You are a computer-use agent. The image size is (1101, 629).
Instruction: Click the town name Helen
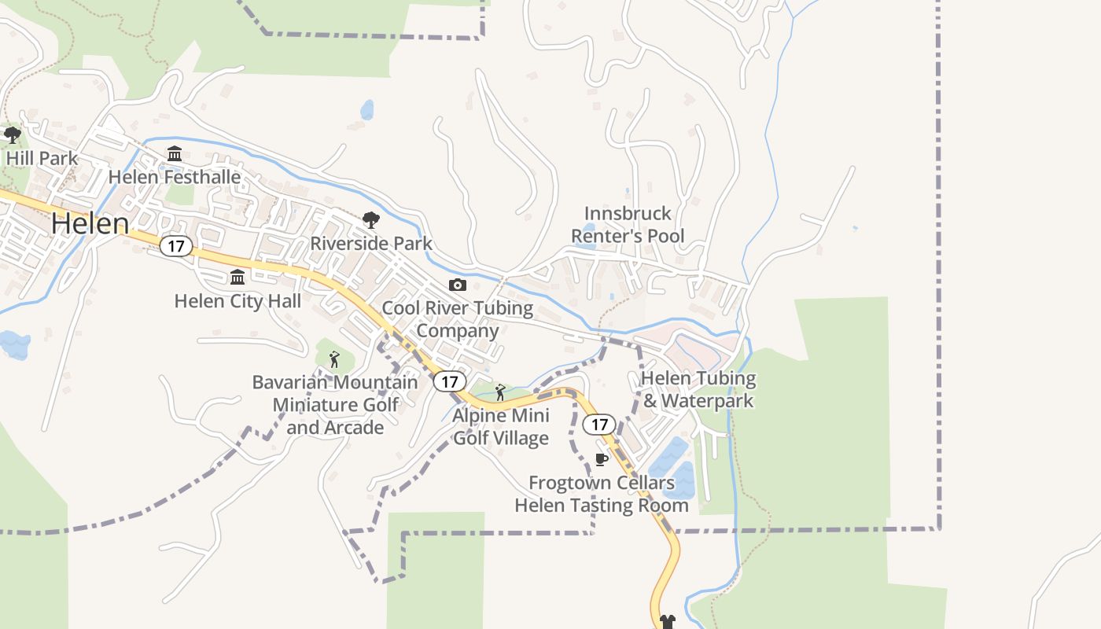coord(90,223)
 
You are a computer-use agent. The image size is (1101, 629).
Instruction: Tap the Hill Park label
coord(42,158)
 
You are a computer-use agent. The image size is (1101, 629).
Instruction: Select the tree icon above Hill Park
coord(12,135)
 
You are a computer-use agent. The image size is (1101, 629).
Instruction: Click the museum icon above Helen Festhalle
coord(175,153)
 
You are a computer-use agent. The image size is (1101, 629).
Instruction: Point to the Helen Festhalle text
coord(175,177)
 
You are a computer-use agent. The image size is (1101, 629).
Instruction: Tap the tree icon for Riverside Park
coord(370,220)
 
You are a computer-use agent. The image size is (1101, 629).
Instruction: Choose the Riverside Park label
coord(371,243)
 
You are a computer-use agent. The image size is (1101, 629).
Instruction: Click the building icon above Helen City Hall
coord(237,277)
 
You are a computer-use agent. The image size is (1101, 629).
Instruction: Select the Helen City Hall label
coord(238,300)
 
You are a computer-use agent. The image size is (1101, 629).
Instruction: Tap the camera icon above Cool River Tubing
coord(457,285)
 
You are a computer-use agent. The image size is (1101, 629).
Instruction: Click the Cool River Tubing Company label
coord(458,318)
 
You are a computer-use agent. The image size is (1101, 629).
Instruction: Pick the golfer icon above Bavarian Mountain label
coord(334,359)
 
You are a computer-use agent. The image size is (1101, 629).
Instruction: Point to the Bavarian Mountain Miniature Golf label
coord(335,404)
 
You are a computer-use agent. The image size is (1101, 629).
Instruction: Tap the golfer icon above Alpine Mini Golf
coord(500,392)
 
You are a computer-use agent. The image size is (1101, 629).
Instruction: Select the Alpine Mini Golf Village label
coord(501,426)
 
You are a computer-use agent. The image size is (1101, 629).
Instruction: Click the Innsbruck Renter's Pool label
coord(628,224)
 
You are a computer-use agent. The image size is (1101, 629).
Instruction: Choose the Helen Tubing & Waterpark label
coord(698,389)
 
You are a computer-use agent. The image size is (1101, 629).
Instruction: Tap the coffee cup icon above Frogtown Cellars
coord(602,459)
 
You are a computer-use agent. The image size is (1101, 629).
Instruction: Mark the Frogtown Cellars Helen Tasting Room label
coord(602,494)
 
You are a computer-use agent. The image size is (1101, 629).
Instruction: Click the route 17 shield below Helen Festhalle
coord(176,246)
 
